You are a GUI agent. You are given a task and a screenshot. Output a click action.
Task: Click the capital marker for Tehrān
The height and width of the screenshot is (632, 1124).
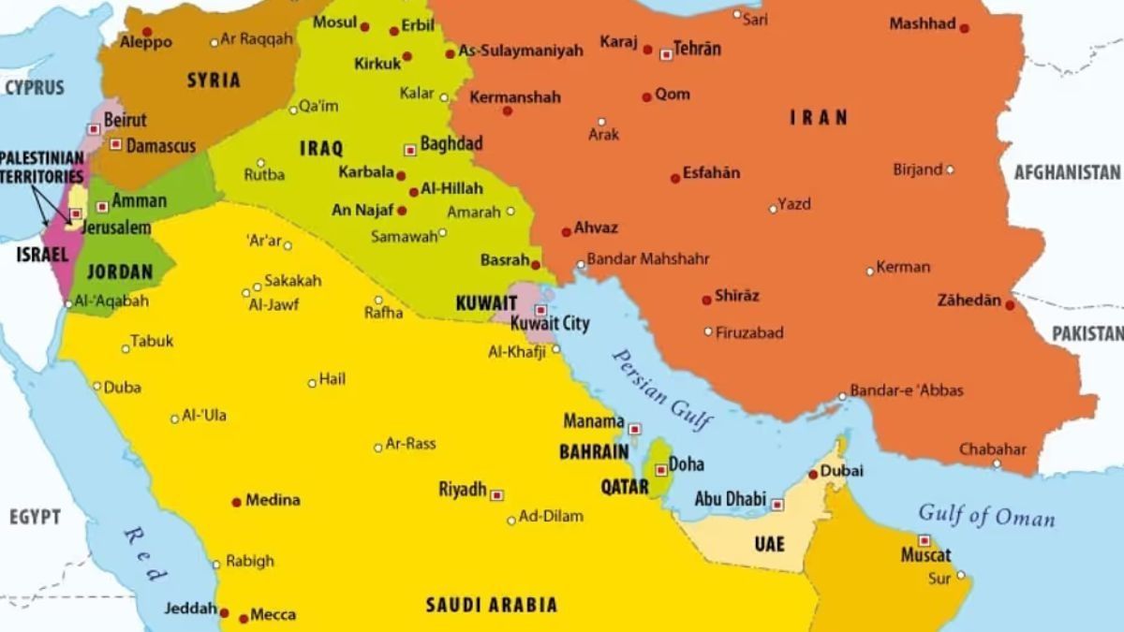666,54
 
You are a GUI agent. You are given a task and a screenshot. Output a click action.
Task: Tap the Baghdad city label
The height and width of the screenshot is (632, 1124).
451,144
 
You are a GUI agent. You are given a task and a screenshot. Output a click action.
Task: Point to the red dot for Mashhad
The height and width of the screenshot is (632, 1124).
964,28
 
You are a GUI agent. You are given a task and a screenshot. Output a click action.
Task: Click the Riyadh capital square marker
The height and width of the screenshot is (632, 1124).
496,495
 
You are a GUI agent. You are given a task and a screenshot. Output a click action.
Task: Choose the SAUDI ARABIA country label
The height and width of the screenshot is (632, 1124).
492,605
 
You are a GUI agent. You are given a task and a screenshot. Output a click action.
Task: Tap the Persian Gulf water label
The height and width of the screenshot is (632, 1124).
662,389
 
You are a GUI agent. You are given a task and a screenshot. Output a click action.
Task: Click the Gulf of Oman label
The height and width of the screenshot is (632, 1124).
985,516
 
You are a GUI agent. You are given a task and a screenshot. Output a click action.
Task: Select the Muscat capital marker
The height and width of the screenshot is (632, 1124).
924,540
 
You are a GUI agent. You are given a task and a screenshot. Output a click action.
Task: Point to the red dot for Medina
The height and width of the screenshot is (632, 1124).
236,502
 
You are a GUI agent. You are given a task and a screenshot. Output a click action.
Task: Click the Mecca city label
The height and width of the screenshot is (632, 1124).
273,615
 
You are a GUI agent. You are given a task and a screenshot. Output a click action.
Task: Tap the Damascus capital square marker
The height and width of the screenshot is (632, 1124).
115,144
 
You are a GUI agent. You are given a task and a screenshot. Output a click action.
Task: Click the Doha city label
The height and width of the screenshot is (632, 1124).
687,464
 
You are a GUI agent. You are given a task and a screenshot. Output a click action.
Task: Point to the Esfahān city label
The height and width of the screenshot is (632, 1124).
712,173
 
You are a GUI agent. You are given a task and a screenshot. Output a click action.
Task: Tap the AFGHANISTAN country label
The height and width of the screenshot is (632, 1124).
1067,172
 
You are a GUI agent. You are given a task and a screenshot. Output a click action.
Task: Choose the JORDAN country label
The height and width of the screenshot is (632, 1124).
119,272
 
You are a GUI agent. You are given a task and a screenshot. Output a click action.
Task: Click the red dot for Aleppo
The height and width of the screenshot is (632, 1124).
146,32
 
